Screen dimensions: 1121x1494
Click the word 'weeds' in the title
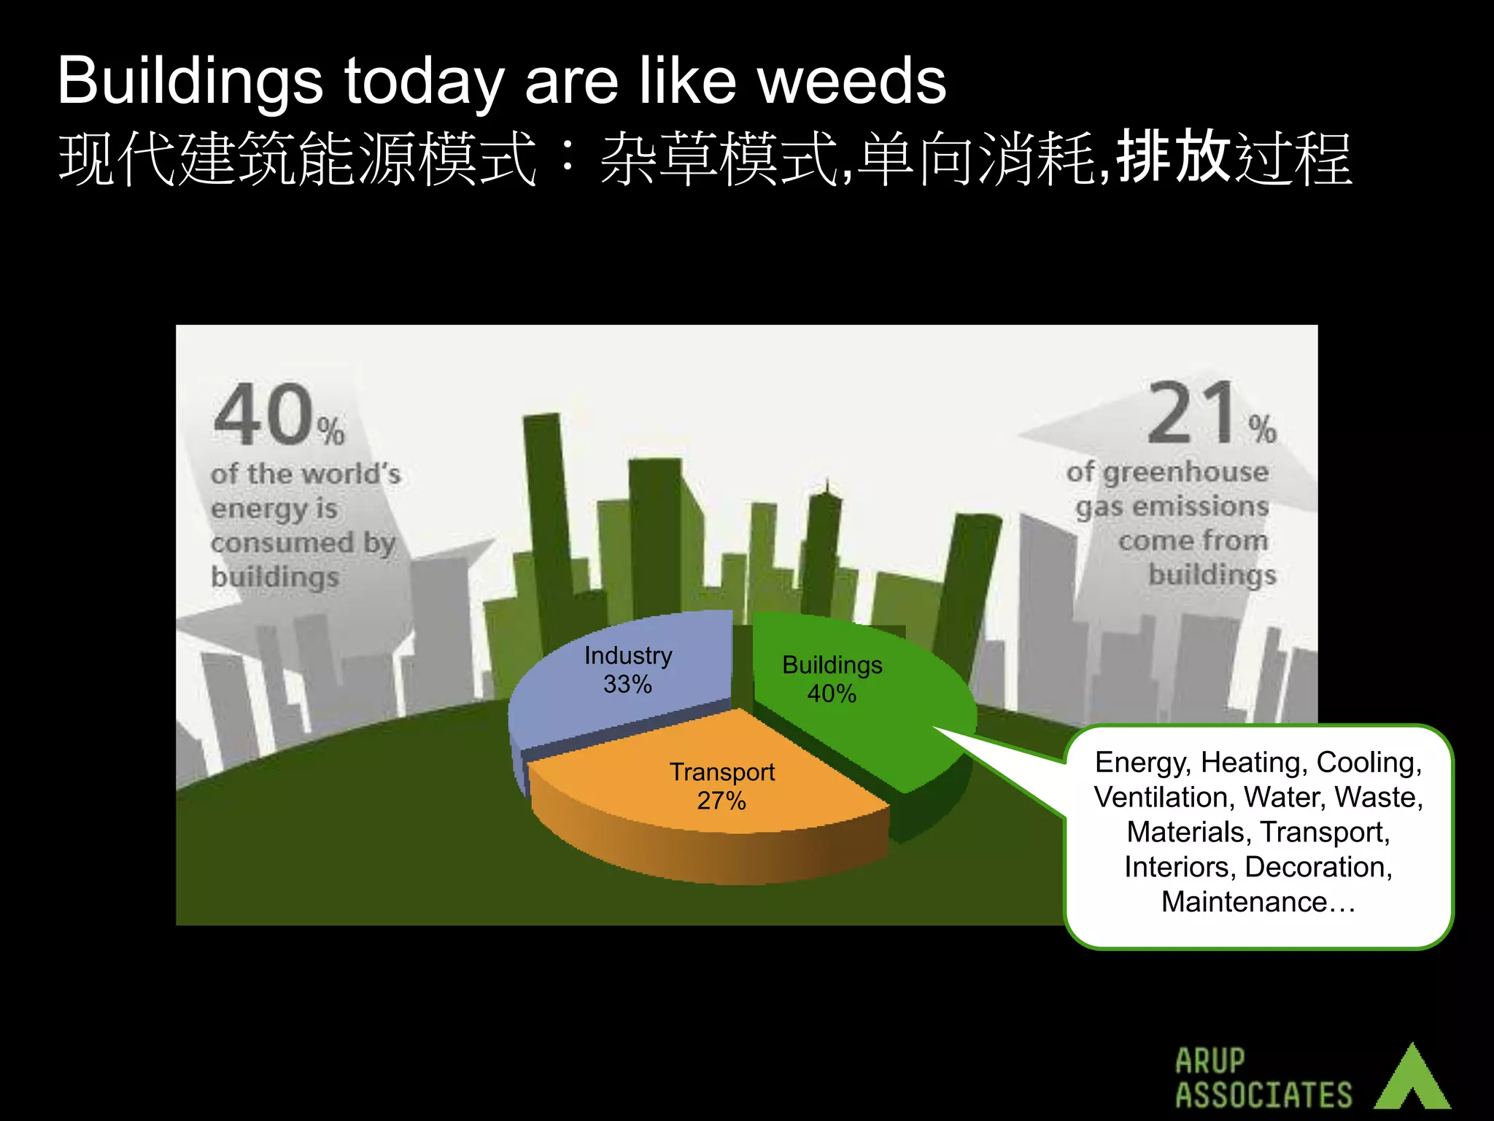tap(851, 81)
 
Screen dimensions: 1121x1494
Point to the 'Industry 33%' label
tap(628, 670)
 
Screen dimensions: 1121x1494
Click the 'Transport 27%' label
tap(722, 786)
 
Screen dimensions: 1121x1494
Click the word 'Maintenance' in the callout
tap(1244, 902)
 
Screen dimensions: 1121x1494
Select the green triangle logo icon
tap(1412, 1079)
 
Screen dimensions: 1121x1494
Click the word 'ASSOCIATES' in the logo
tap(1263, 1095)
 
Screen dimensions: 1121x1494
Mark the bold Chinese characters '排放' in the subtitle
tap(1174, 156)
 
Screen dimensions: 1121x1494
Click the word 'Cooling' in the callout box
tap(1366, 763)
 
